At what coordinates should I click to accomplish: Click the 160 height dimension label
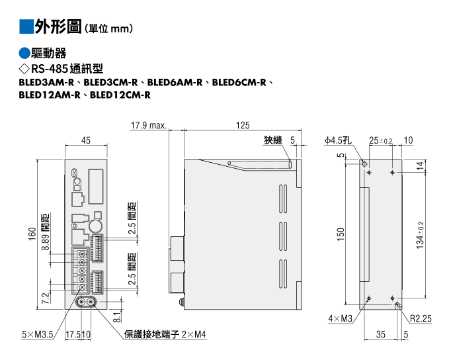tap(32, 234)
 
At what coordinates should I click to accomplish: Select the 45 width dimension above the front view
tap(86, 140)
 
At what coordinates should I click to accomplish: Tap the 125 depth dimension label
tap(243, 125)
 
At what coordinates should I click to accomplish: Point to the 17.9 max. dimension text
tap(149, 125)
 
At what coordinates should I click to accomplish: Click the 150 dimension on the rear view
tap(341, 234)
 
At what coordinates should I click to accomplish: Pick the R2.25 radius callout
tap(421, 318)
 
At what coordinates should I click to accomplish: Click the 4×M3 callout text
tap(341, 318)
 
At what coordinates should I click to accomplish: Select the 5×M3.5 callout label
tap(38, 334)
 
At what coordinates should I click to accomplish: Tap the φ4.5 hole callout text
tap(338, 140)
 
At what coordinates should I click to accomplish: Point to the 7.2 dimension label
tap(46, 298)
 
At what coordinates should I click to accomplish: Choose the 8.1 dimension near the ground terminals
tap(117, 317)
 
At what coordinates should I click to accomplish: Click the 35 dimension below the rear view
tap(380, 334)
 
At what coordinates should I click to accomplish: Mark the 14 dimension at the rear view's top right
tap(420, 165)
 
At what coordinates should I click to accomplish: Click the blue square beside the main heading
tap(26, 26)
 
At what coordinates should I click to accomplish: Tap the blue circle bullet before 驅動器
tap(24, 53)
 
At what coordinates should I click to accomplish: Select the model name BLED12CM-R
tap(120, 95)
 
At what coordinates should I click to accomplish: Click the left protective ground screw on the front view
tap(81, 302)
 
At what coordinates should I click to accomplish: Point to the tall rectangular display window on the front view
tap(95, 187)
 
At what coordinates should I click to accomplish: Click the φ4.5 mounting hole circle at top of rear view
tap(364, 164)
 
